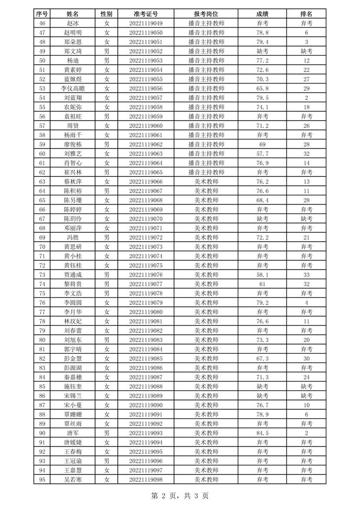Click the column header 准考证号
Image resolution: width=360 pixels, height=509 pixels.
tap(146, 14)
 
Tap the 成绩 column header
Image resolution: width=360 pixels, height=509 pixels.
tap(263, 14)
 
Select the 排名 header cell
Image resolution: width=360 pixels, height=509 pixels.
tap(306, 14)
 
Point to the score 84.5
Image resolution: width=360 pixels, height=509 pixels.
tap(263, 433)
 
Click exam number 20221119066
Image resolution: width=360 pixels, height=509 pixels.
tap(146, 181)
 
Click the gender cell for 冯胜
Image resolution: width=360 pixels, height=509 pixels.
tap(107, 237)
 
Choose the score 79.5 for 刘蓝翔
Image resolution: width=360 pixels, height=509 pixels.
tap(263, 98)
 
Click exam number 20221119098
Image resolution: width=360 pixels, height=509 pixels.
tap(146, 479)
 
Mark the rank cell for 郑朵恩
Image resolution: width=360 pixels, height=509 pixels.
tap(306, 42)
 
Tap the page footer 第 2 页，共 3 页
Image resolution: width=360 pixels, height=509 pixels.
tap(180, 496)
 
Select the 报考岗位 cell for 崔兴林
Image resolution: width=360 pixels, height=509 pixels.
tap(206, 172)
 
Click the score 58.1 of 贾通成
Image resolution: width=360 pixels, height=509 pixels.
tap(263, 274)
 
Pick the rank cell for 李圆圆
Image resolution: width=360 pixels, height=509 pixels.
tap(306, 303)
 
